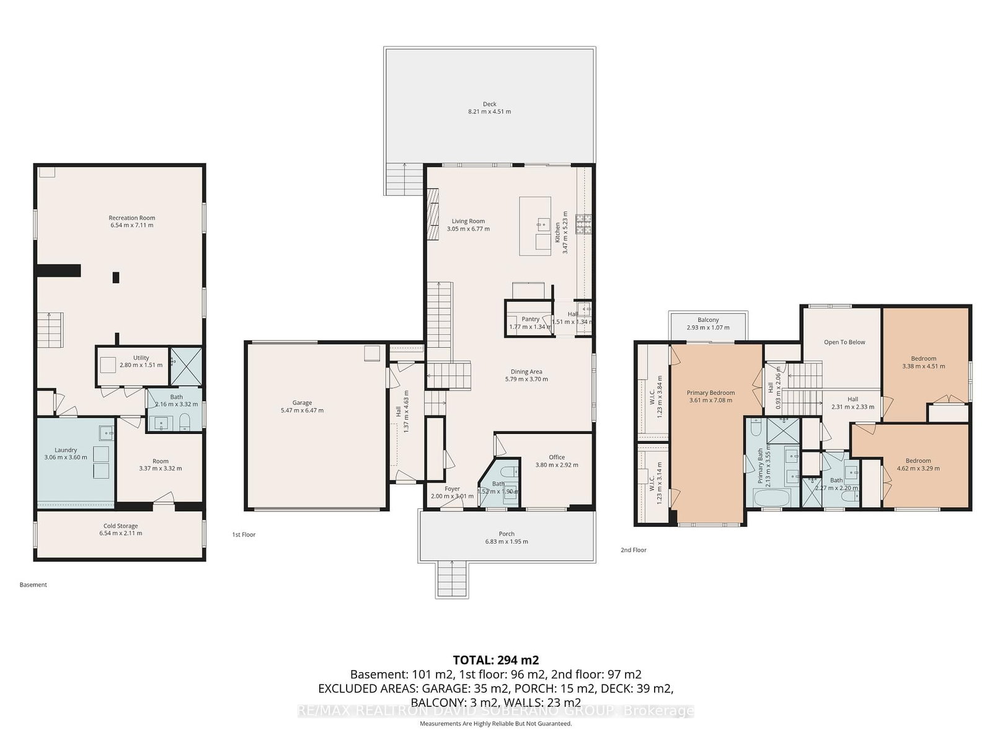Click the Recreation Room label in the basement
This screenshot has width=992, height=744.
tap(131, 218)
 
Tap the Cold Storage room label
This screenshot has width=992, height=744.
tap(121, 526)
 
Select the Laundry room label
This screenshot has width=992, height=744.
tap(66, 450)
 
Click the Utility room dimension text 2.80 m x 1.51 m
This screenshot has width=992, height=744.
tap(141, 365)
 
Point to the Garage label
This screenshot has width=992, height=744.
tap(302, 403)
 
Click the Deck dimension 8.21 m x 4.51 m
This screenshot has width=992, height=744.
tap(489, 112)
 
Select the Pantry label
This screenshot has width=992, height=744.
tap(530, 319)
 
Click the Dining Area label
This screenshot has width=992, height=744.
tap(526, 372)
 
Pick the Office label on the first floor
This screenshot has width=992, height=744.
tap(557, 458)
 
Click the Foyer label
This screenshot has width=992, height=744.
tap(452, 489)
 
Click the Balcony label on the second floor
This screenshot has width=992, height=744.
tap(708, 320)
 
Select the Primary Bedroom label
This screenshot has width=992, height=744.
tap(711, 392)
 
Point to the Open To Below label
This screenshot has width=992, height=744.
tap(844, 342)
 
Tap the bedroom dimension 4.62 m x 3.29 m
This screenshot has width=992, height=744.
tap(918, 468)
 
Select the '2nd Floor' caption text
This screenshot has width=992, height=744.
tap(633, 550)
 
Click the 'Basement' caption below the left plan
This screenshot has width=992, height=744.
tap(33, 585)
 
